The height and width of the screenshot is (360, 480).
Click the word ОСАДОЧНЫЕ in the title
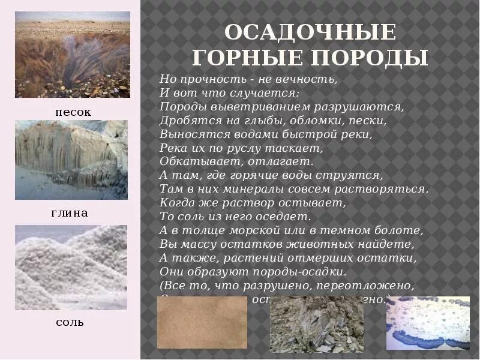pos(310,32)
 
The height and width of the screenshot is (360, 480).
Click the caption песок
pos(73,112)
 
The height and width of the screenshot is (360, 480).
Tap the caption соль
pos(70,322)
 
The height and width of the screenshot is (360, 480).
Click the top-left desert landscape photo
pos(72,55)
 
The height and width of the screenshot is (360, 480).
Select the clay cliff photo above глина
pos(71,160)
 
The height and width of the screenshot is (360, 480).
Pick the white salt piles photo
pos(71,268)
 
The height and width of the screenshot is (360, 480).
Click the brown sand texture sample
pos(202,322)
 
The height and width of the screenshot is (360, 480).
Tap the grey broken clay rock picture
pos(317,325)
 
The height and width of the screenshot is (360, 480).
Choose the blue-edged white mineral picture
pos(428,323)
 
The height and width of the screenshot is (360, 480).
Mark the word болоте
pos(403,230)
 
